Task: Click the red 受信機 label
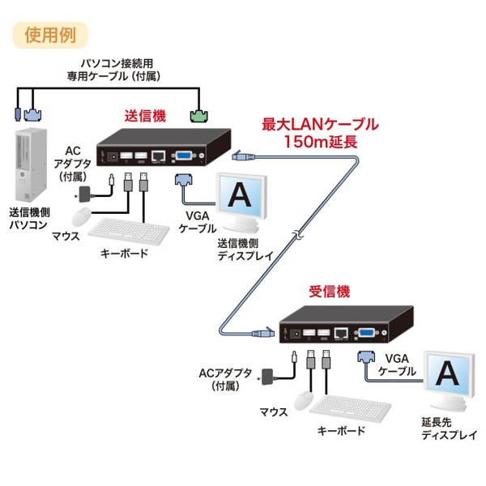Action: pyautogui.click(x=330, y=290)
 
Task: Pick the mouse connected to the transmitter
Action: pyautogui.click(x=83, y=216)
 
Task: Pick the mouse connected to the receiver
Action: pyautogui.click(x=302, y=399)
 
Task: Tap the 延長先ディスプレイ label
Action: pyautogui.click(x=449, y=429)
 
